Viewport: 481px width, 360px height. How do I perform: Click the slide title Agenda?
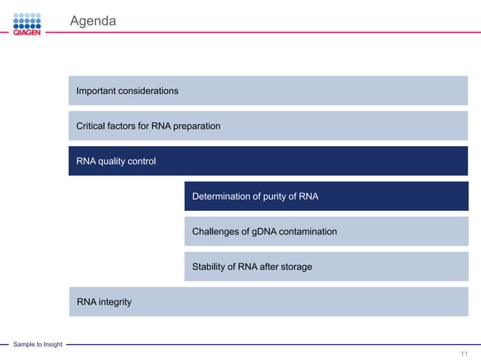(x=93, y=21)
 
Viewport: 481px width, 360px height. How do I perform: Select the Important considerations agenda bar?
(x=268, y=90)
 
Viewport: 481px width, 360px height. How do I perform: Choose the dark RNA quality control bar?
(x=268, y=161)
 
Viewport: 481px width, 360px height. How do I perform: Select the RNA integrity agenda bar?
(x=268, y=302)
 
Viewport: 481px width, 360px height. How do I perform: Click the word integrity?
(x=115, y=302)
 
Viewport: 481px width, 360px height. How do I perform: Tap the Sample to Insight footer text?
(x=38, y=344)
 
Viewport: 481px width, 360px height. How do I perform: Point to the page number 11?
(x=464, y=353)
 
